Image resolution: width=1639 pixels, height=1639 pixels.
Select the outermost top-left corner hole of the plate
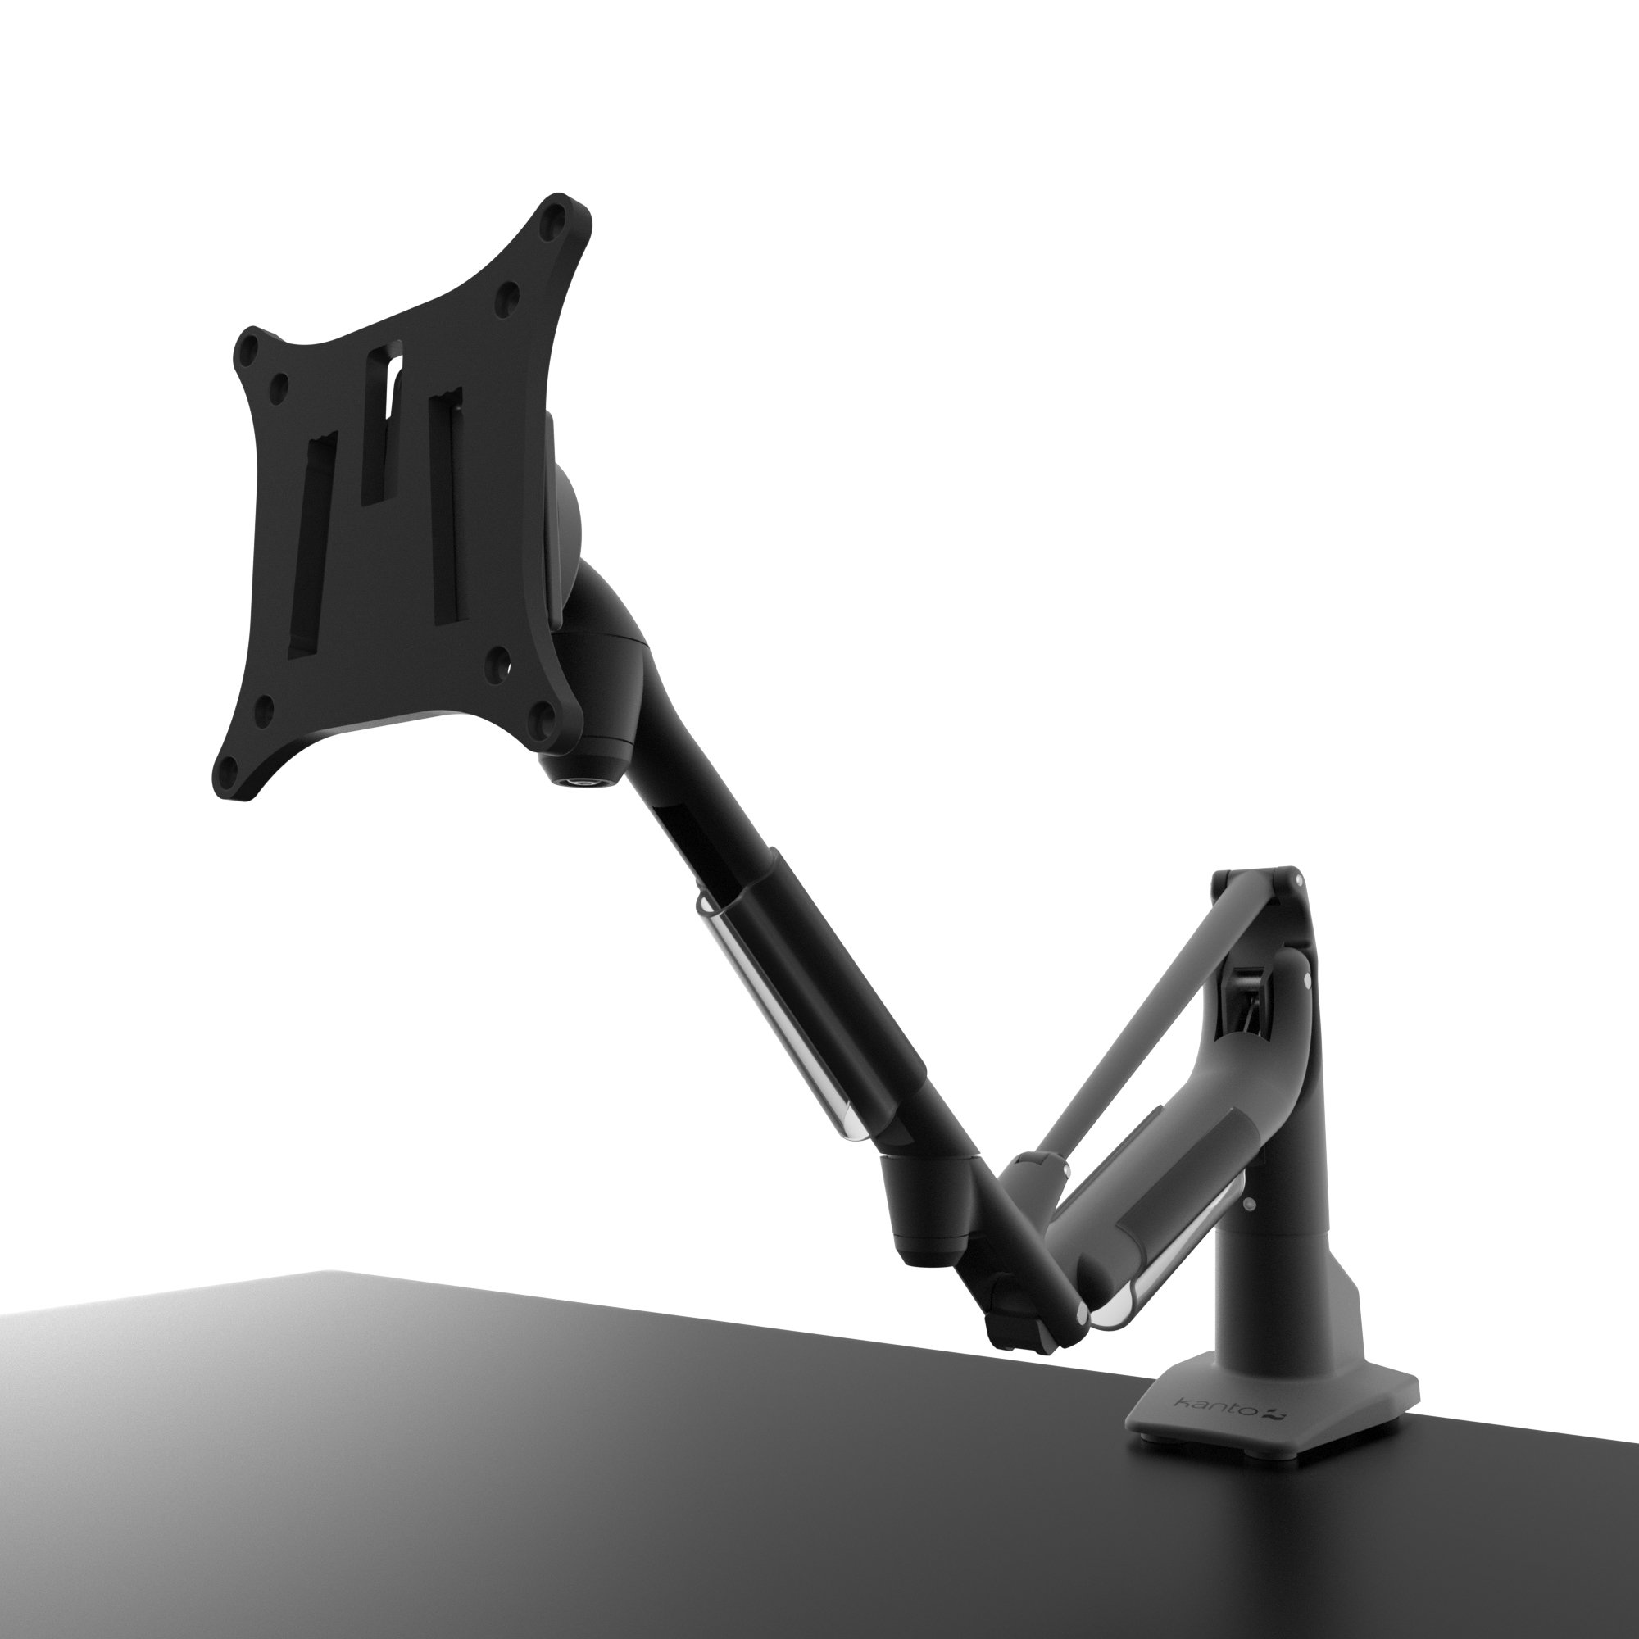point(248,347)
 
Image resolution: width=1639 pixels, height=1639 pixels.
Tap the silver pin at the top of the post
point(1298,881)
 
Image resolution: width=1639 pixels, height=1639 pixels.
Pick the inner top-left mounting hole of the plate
point(276,386)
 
